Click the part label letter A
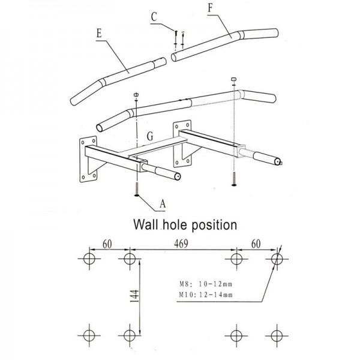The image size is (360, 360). (162, 204)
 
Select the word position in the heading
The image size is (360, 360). (212, 225)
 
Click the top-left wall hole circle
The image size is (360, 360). (89, 259)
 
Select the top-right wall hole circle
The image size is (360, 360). (276, 259)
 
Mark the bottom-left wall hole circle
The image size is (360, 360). (89, 334)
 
